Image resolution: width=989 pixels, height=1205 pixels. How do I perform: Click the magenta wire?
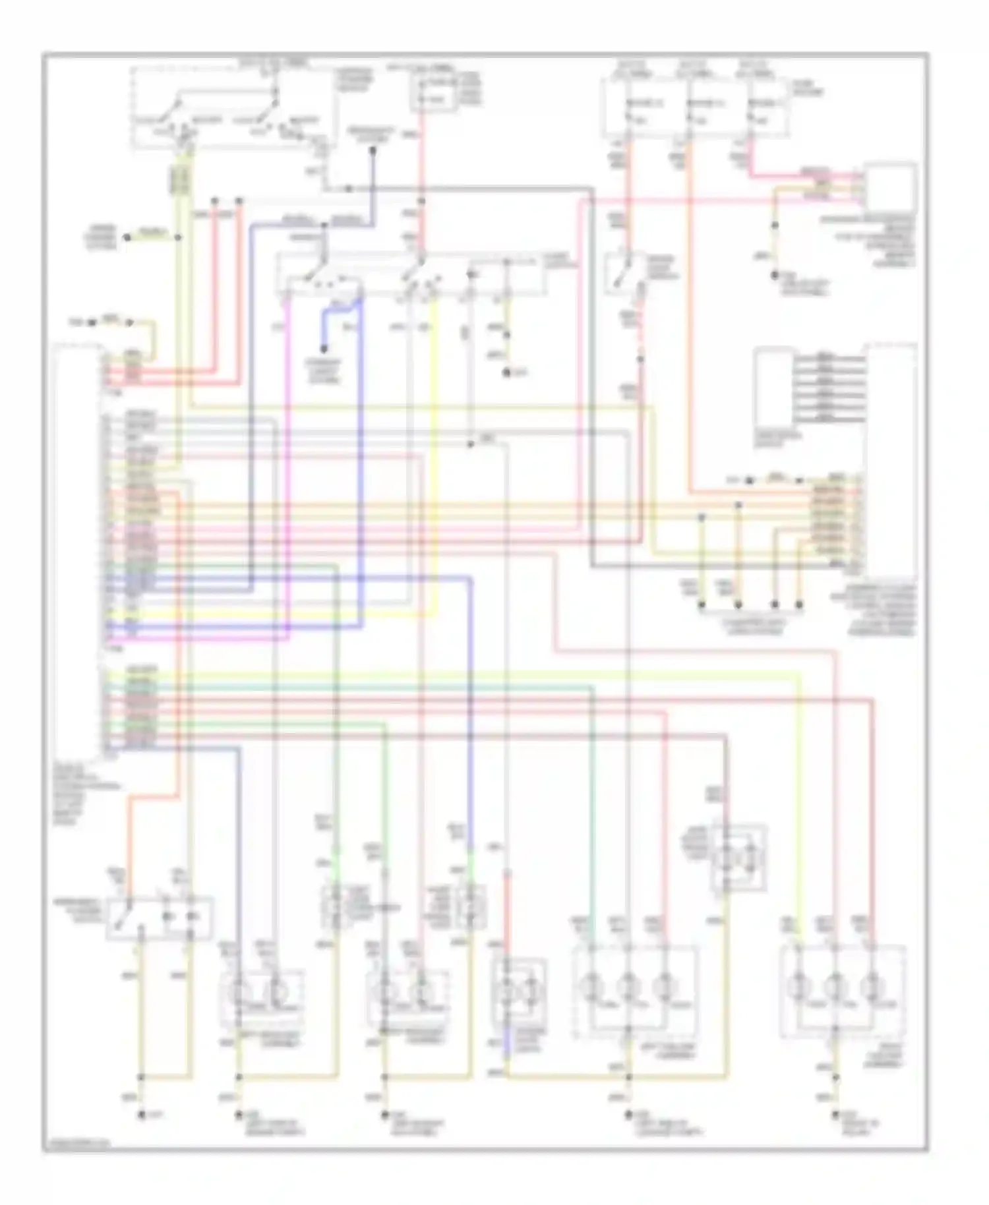287,461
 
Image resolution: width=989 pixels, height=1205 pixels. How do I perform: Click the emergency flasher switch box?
160,917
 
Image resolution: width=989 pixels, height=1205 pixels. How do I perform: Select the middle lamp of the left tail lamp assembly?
628,987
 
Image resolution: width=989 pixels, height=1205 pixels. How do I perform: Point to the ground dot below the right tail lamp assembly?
835,1114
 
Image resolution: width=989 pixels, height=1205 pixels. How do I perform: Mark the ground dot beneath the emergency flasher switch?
140,1114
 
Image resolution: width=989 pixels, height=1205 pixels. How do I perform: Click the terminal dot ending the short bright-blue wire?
324,351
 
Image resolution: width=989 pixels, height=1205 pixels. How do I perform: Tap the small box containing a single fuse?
433,92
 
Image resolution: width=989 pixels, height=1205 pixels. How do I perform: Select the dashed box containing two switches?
231,109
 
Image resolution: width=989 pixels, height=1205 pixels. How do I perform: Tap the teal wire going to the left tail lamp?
592,791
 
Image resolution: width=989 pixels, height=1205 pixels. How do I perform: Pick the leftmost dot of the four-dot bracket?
702,603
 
